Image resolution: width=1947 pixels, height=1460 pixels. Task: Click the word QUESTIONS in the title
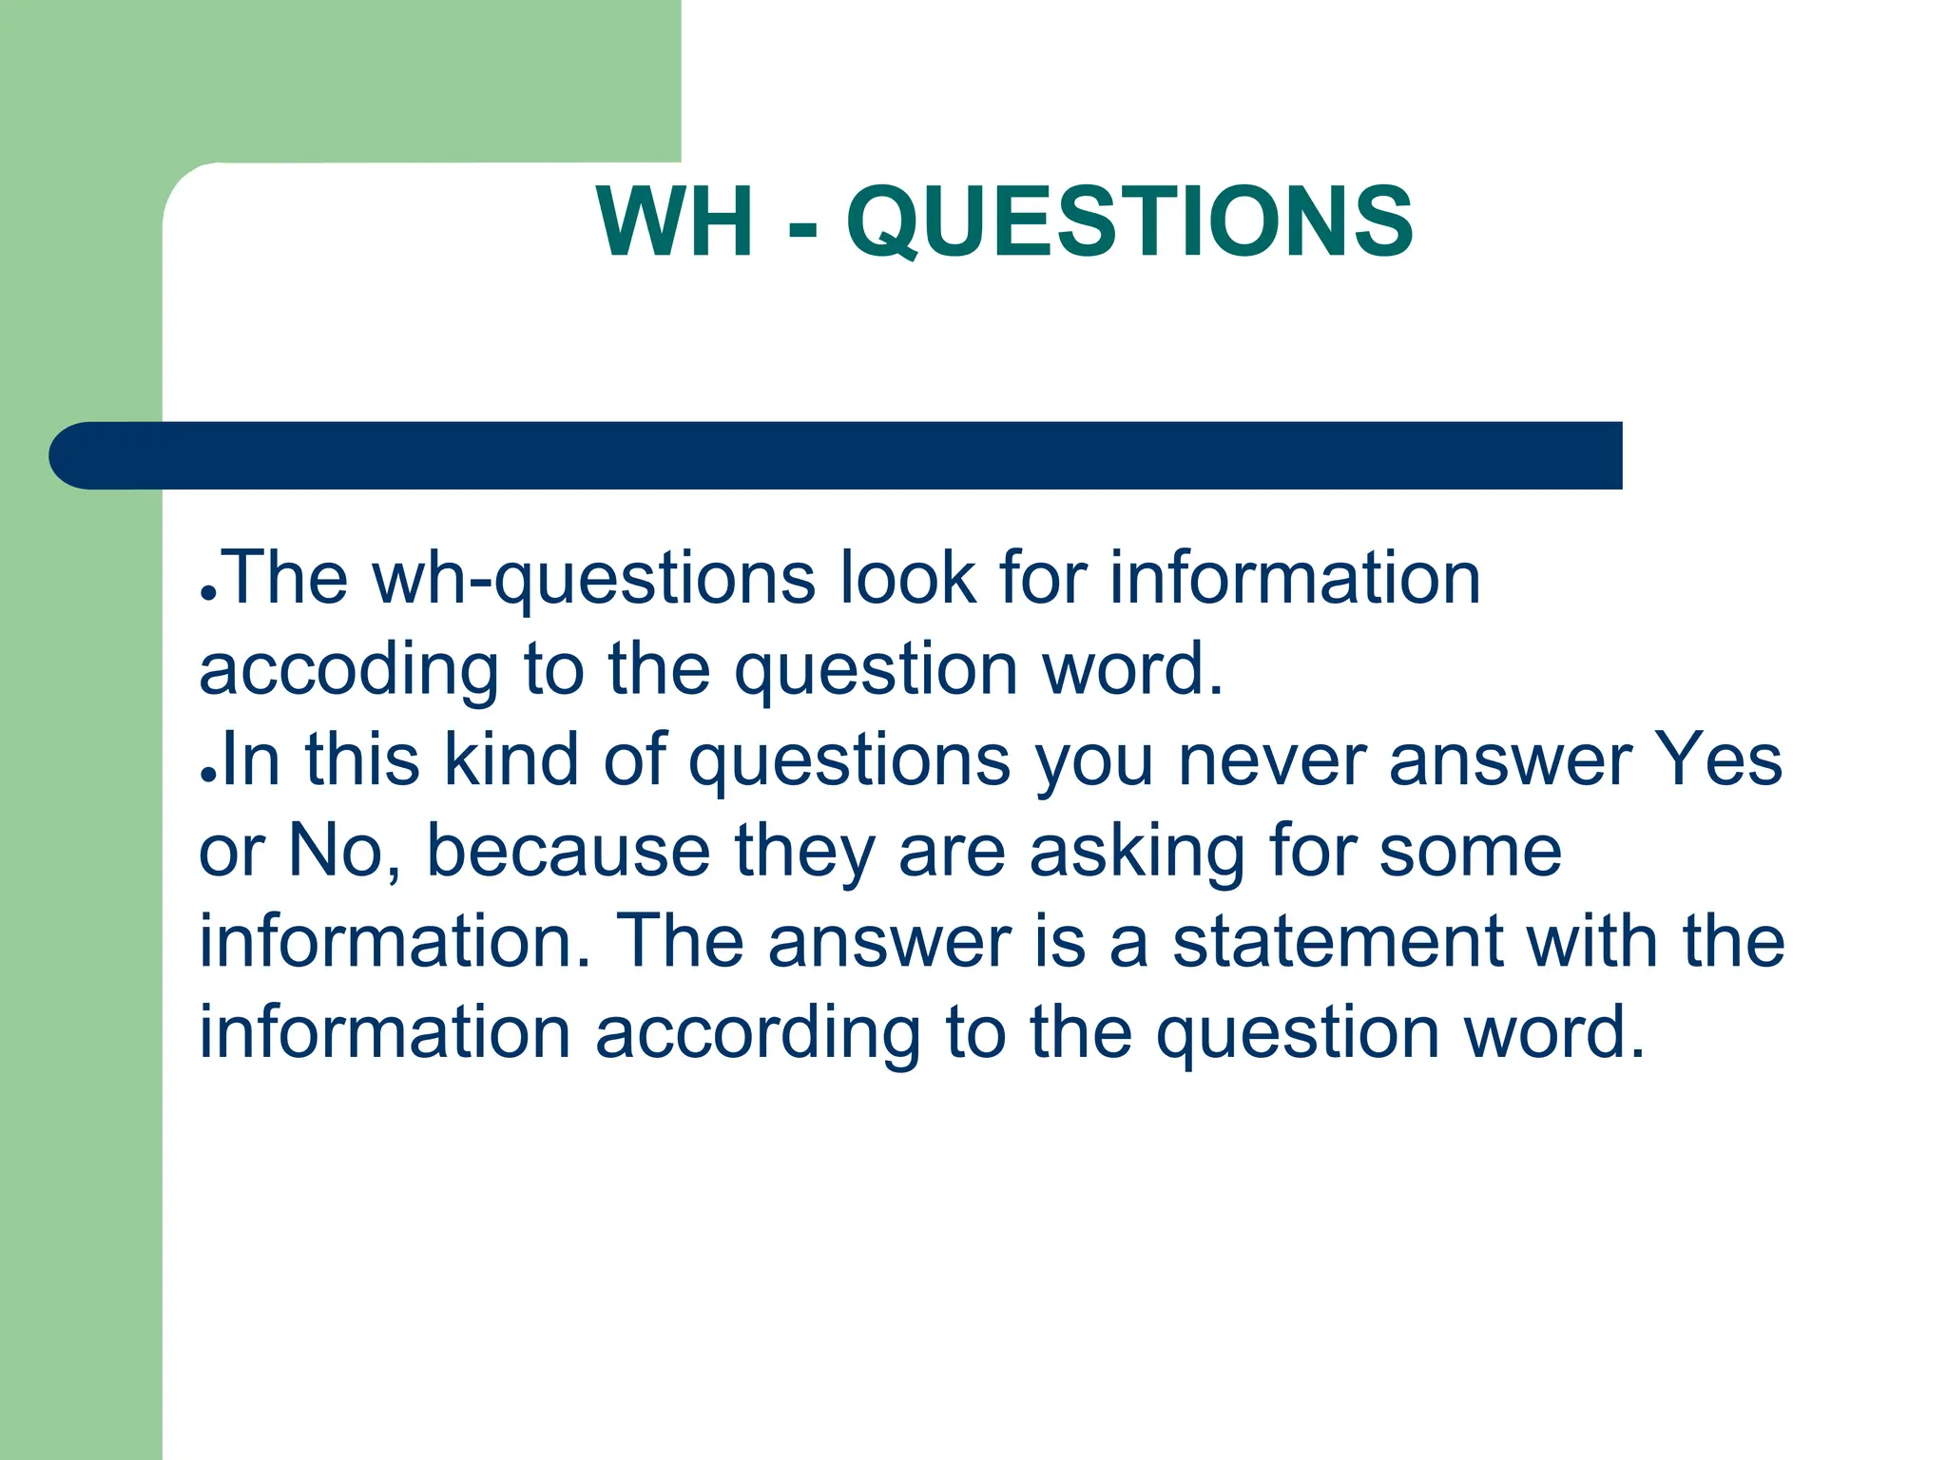1129,222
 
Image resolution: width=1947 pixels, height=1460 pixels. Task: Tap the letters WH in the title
676,222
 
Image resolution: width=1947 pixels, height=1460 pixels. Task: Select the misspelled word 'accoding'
348,671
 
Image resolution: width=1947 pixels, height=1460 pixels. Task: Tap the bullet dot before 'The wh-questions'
209,591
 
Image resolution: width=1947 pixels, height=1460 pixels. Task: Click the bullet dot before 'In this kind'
209,774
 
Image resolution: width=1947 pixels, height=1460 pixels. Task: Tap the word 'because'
569,851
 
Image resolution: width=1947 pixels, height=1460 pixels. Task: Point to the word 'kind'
511,760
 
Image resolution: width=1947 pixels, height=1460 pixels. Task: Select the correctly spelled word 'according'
758,1035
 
